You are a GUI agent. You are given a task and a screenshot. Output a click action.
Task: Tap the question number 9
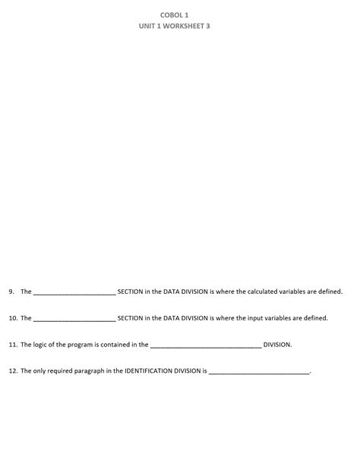pos(11,292)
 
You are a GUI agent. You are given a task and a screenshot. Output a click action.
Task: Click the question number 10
pos(13,318)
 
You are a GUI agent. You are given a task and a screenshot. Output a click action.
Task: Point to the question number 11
pos(13,345)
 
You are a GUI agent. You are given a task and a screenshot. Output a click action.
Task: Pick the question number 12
pos(13,371)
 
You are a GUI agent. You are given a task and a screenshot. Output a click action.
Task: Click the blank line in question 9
pos(74,292)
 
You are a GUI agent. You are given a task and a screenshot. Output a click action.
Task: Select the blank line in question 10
pos(74,319)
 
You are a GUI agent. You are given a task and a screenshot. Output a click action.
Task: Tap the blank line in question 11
pos(206,345)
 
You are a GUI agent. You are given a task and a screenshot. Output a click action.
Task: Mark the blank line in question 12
pos(259,372)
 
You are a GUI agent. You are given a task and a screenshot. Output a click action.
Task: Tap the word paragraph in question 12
pos(84,371)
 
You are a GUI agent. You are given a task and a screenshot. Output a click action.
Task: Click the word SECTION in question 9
pos(130,292)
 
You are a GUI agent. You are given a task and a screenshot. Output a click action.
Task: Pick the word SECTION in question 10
pos(130,318)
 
